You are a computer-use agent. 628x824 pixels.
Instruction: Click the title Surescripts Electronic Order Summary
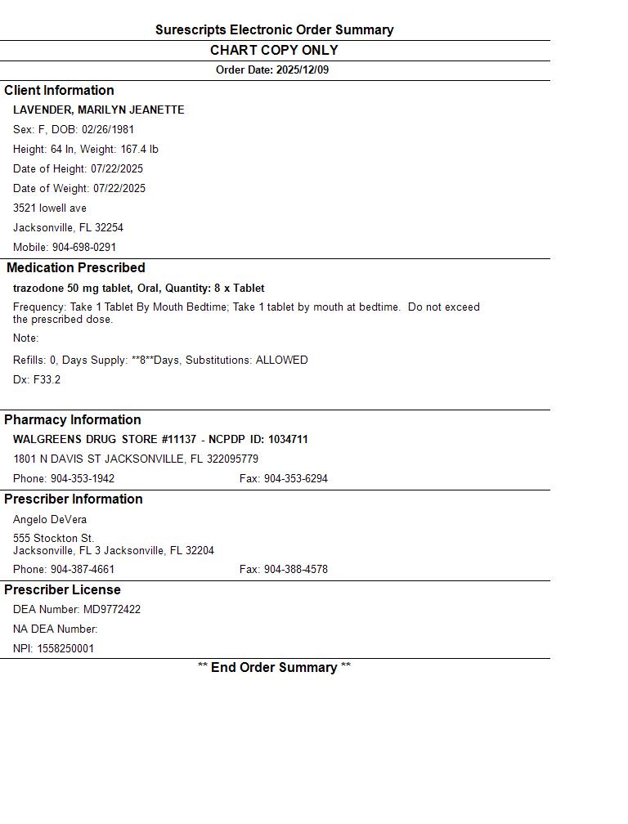274,30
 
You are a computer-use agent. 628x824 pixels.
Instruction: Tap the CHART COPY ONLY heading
274,50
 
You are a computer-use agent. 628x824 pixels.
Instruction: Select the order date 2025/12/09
303,70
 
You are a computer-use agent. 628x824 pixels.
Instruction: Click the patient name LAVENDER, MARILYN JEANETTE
98,110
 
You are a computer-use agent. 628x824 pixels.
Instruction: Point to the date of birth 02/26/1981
108,130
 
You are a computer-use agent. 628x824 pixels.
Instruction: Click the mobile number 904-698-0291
84,248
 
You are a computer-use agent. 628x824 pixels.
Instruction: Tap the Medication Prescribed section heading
76,268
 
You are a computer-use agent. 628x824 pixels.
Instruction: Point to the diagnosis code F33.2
47,380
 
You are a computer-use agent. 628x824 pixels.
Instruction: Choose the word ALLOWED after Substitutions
282,360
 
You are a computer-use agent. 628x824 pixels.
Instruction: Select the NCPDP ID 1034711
288,440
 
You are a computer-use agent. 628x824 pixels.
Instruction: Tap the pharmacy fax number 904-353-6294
295,479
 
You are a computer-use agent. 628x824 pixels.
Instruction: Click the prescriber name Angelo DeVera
50,520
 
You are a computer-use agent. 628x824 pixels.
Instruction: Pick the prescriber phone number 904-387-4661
83,570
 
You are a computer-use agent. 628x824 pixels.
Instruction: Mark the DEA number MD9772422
112,610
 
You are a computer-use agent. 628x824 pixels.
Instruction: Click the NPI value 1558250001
65,649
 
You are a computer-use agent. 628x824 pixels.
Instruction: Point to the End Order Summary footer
274,668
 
